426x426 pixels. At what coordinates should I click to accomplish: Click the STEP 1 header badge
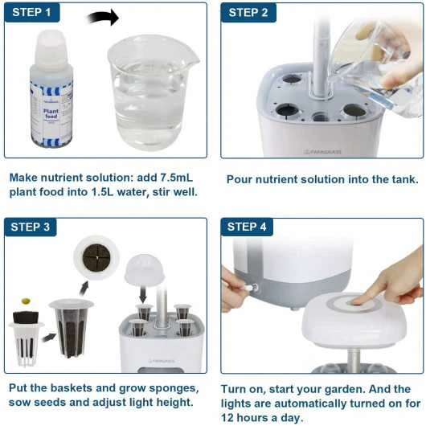[x=32, y=13]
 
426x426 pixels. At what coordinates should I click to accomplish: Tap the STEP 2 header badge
[x=249, y=13]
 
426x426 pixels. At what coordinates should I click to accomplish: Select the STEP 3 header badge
[x=32, y=227]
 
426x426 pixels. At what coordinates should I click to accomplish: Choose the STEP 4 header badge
[x=249, y=227]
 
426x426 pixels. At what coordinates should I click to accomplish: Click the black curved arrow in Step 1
[x=102, y=18]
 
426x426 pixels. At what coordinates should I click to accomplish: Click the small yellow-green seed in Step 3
[x=27, y=301]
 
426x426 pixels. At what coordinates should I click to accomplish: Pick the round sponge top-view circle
[x=96, y=257]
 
